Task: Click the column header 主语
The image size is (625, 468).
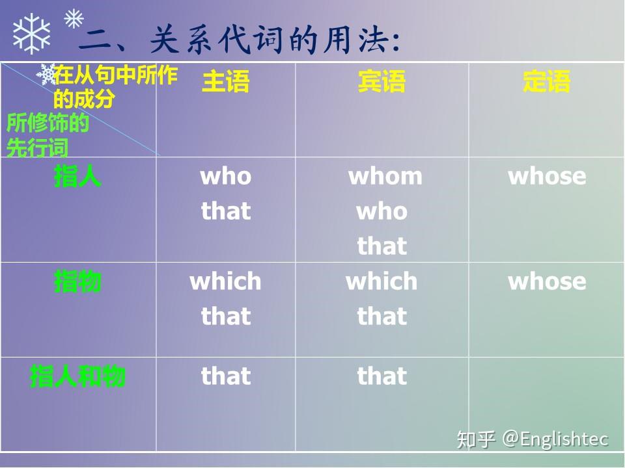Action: tap(226, 81)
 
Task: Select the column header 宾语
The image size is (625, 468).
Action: tap(382, 81)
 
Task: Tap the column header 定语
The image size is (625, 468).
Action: tap(546, 81)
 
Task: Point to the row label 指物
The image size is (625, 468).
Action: tap(77, 281)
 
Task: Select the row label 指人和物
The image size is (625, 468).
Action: tap(77, 376)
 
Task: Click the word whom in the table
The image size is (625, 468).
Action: tap(385, 176)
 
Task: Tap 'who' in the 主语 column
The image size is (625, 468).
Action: tap(226, 176)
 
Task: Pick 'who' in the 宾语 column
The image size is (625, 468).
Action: tap(382, 211)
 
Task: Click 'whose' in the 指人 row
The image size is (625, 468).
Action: tap(547, 176)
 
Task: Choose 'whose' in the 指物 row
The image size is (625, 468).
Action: tap(547, 281)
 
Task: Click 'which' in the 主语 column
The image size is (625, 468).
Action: tap(225, 281)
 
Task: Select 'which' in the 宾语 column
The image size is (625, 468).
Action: tap(382, 281)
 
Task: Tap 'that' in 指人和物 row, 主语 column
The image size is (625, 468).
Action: tap(226, 376)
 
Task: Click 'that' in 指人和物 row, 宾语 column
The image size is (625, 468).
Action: tap(382, 376)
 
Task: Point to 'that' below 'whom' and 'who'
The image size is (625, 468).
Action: tap(382, 246)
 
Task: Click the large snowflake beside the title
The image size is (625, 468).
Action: tap(31, 34)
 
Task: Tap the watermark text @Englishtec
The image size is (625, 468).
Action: tap(555, 439)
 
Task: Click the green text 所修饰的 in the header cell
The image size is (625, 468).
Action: tap(48, 123)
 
